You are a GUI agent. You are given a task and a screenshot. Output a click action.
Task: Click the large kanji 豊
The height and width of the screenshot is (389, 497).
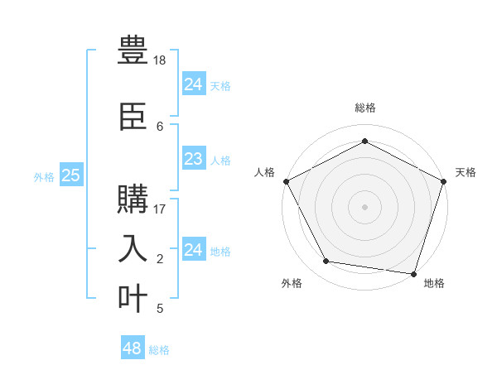tap(133, 50)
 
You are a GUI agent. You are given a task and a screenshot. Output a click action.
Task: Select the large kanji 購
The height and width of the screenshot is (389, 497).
tap(133, 201)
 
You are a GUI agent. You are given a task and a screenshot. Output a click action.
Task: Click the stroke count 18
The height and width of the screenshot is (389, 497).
tap(161, 61)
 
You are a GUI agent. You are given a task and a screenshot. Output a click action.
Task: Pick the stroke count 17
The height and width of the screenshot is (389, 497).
tap(161, 209)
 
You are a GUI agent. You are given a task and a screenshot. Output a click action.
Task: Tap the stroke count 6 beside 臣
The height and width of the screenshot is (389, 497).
tap(160, 126)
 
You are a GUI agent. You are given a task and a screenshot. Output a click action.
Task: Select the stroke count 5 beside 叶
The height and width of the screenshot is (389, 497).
tap(160, 309)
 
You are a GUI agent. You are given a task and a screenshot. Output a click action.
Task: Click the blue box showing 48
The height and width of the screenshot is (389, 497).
tap(133, 348)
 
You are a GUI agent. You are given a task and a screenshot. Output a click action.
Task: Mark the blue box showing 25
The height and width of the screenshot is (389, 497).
tap(71, 175)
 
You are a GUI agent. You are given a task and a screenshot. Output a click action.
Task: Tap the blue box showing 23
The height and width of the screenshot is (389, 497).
tap(193, 160)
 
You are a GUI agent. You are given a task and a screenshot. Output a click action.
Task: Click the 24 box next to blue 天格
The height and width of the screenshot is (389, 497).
tap(193, 84)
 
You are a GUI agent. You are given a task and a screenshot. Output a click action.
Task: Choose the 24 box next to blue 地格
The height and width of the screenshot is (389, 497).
tap(193, 251)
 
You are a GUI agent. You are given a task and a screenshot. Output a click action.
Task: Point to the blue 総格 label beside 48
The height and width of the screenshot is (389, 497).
tap(159, 350)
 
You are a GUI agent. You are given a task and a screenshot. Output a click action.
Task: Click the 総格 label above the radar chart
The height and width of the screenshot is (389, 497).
tap(364, 108)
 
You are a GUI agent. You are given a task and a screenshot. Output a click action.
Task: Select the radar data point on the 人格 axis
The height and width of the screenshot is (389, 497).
tap(287, 181)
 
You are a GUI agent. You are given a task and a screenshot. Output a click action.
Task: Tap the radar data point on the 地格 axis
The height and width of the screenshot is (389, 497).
tap(413, 273)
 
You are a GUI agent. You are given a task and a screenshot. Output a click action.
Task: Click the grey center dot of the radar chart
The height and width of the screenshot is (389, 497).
tap(364, 206)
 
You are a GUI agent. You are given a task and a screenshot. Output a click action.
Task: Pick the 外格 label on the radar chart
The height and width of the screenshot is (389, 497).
tap(292, 283)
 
